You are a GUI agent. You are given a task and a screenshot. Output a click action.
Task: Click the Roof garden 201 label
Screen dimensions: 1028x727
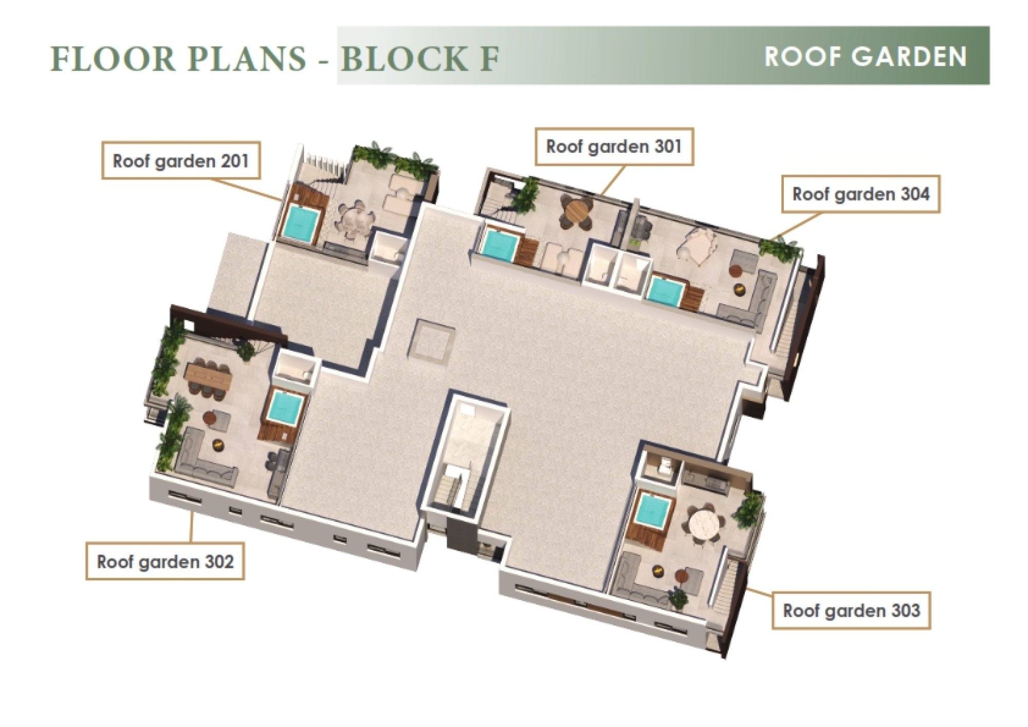click(181, 161)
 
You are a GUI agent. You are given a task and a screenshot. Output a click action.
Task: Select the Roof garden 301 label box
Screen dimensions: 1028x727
click(614, 147)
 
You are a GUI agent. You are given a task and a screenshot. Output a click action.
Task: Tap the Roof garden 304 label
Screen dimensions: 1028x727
click(861, 194)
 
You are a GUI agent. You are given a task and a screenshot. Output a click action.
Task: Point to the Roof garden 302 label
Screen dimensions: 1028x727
click(165, 561)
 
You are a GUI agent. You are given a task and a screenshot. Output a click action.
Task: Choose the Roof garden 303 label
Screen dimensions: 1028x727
click(851, 610)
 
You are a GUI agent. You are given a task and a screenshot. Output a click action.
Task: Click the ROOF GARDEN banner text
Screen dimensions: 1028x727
click(866, 56)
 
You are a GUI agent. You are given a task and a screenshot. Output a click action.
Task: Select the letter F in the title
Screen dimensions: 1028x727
click(489, 58)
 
